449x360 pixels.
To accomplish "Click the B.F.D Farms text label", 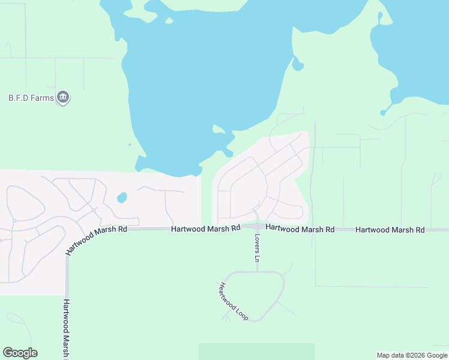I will click(31, 97).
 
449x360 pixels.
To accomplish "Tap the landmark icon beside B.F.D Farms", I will click(63, 97).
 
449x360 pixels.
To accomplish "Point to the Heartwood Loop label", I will click(234, 301).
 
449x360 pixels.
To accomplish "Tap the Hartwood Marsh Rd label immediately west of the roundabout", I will click(205, 229).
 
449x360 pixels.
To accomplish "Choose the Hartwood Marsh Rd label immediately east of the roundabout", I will click(300, 229).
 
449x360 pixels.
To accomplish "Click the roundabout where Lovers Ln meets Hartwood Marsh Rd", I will click(257, 227).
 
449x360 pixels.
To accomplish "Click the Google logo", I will click(20, 353).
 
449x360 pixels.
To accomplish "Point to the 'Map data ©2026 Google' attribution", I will click(412, 355).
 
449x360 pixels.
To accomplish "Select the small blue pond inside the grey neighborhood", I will click(122, 197).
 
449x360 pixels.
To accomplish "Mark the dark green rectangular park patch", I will click(256, 351).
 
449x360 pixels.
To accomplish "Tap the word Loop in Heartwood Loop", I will click(242, 312).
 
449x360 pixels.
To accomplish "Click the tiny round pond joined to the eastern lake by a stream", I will click(383, 112).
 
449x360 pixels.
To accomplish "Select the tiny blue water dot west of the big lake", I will click(130, 145).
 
